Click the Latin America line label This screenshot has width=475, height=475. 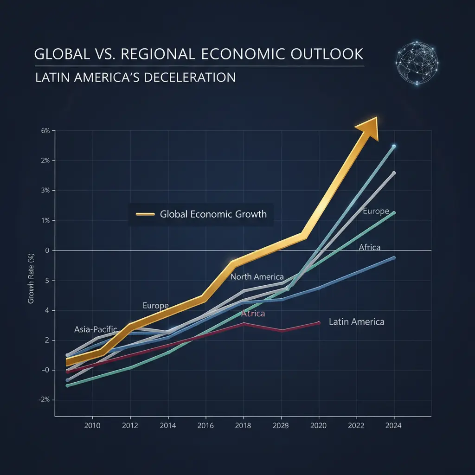click(x=356, y=321)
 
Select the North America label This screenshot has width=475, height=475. click(x=257, y=277)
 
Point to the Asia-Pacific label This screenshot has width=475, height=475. click(x=96, y=329)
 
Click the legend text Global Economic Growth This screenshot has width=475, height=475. click(x=213, y=214)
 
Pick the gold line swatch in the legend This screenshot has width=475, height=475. click(x=145, y=214)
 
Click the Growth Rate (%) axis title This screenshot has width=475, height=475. click(x=32, y=278)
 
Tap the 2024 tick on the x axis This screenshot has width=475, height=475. click(x=394, y=424)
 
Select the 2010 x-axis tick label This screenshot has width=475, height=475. click(x=92, y=424)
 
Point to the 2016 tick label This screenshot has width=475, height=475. click(x=205, y=424)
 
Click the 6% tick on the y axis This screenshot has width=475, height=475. click(x=45, y=131)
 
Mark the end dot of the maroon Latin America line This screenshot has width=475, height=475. click(x=319, y=322)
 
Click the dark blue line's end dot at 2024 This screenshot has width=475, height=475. click(x=394, y=257)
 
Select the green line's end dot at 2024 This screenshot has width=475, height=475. click(x=394, y=213)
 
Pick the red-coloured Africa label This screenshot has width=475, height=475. click(x=253, y=314)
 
